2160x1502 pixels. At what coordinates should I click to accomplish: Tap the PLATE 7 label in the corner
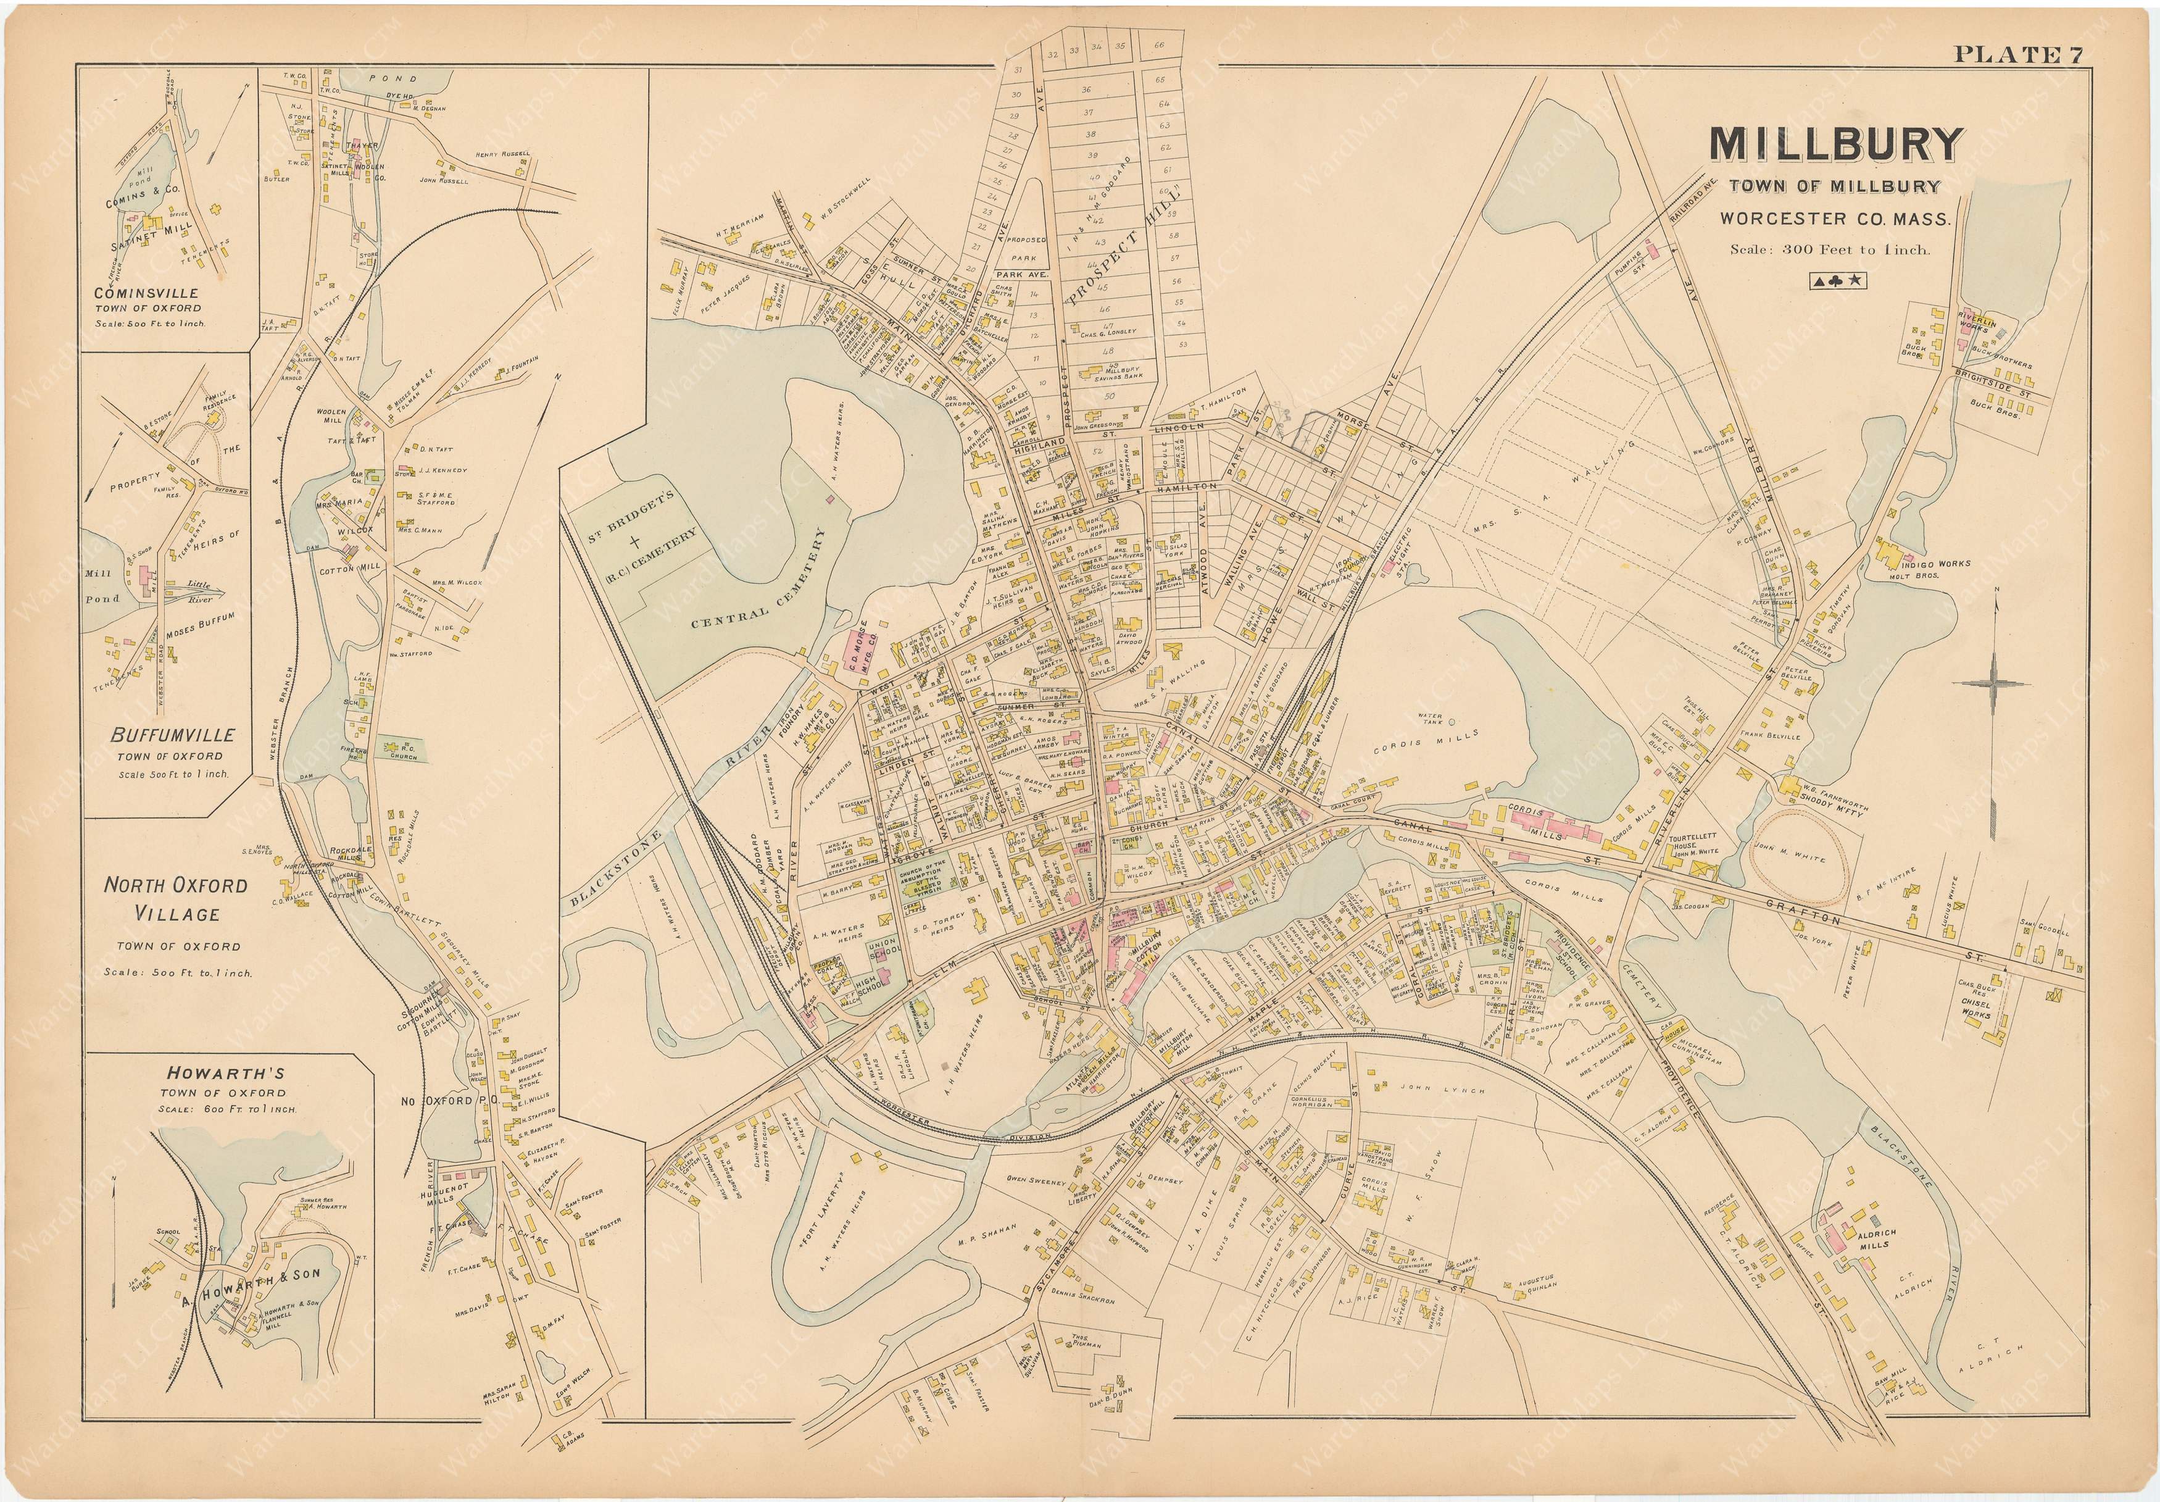[x=2019, y=54]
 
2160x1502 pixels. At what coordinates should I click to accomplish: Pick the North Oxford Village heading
[x=176, y=899]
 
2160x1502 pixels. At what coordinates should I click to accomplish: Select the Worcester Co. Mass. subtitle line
[x=1835, y=219]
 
